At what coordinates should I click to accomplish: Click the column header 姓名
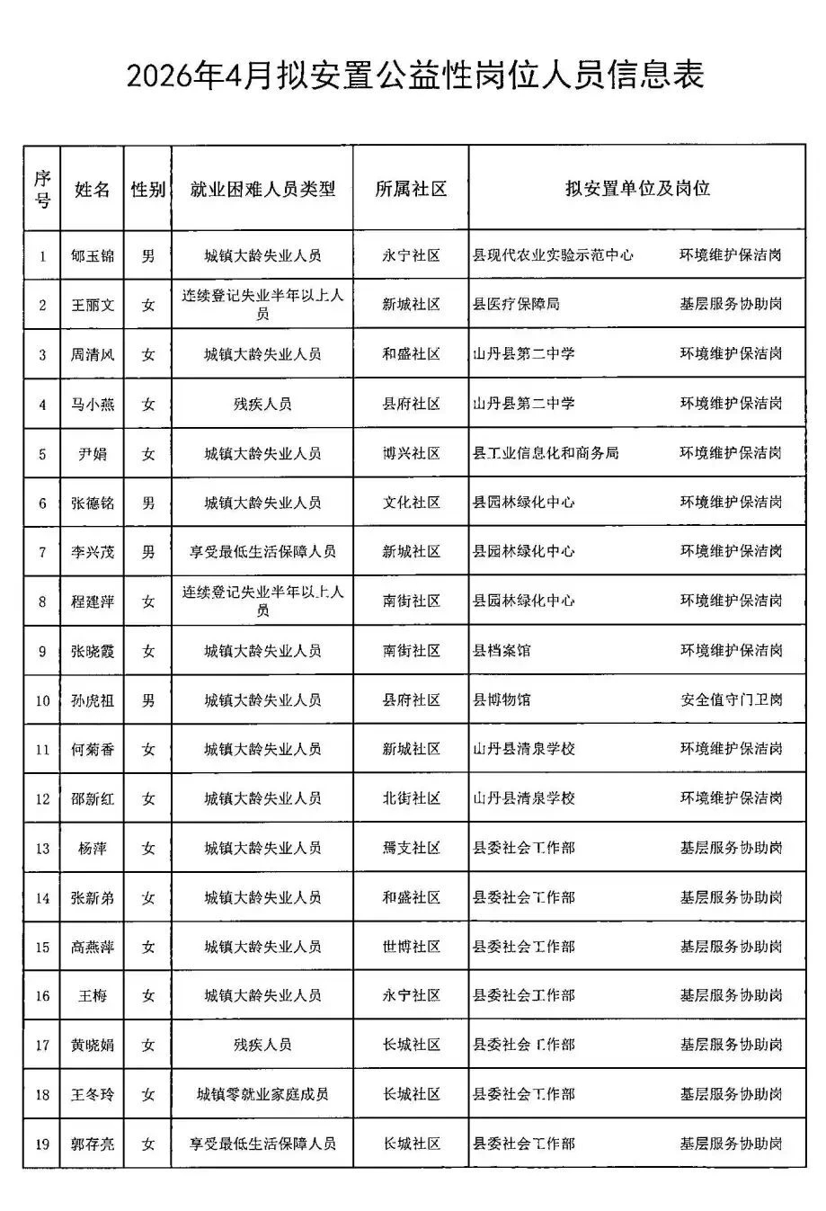93,189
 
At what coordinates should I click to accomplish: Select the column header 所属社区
411,189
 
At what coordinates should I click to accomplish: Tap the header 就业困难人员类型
262,189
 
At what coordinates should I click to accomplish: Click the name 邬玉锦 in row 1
93,256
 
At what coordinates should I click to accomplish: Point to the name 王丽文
93,306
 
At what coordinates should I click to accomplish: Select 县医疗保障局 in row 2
516,305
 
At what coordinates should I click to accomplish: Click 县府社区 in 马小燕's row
411,404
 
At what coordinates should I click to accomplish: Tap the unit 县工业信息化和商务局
546,453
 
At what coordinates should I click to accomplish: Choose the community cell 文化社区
411,503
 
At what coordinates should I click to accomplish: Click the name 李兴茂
93,552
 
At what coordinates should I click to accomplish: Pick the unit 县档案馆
502,650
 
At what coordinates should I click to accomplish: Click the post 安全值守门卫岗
731,699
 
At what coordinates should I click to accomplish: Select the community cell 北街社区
411,798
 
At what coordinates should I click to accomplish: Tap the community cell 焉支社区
411,848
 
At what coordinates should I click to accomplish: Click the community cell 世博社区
411,947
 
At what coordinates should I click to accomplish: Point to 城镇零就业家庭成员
262,1094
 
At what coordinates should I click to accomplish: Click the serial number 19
42,1144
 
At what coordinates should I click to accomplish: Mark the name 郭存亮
93,1144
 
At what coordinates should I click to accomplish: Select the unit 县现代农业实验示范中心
553,255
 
